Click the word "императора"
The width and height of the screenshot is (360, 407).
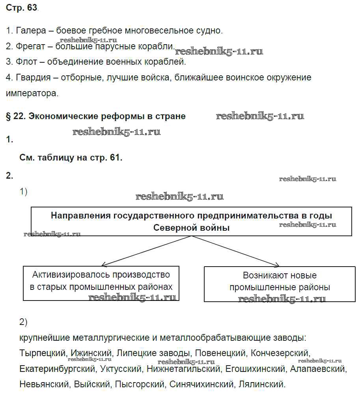pos(32,93)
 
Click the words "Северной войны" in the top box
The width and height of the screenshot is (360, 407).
pos(191,228)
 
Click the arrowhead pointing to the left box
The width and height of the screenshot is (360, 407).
pos(104,265)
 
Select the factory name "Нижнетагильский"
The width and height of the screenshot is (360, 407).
pos(183,369)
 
